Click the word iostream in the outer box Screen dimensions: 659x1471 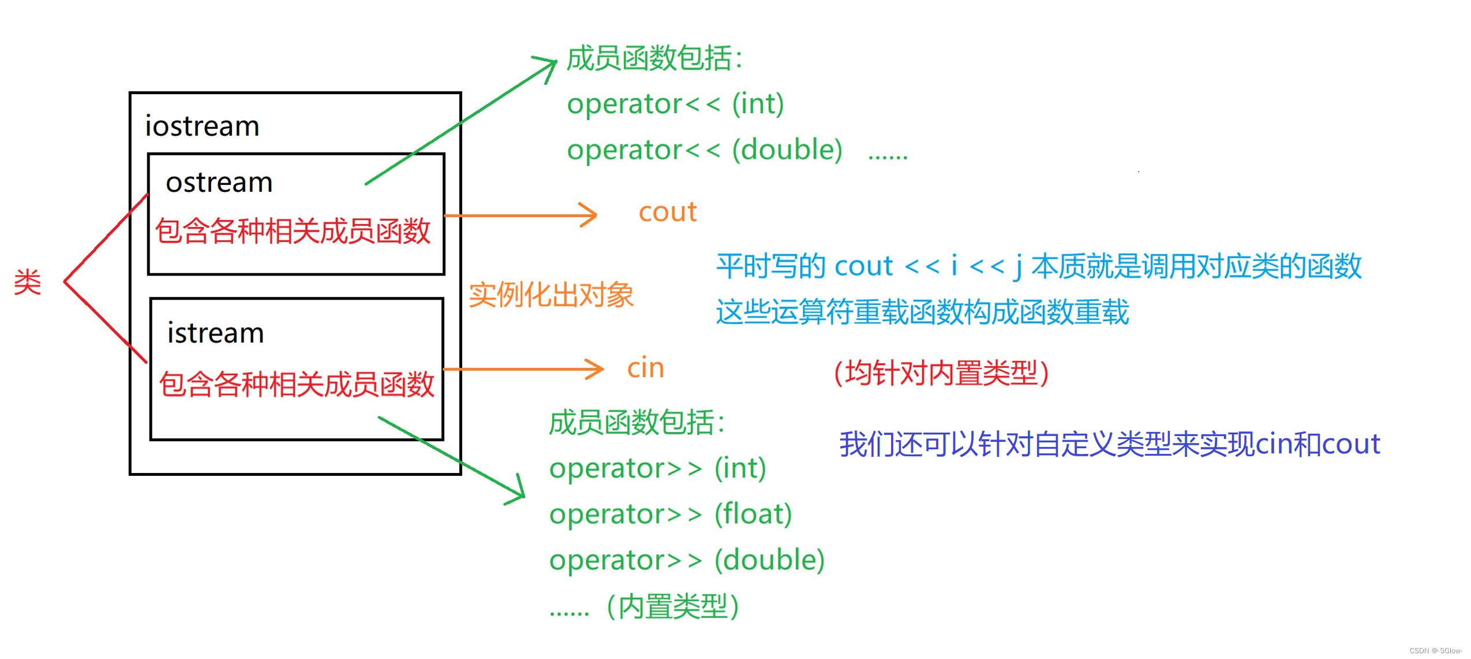202,126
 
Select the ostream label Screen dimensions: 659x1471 219,183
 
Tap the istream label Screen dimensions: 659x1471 215,333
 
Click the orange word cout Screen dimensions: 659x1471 667,212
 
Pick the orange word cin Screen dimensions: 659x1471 645,368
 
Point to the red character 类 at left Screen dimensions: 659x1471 28,282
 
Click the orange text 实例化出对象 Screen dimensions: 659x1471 551,295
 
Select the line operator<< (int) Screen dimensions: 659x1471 675,105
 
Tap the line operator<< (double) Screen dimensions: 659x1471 704,150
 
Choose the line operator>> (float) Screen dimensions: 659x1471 671,514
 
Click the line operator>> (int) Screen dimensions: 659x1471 657,468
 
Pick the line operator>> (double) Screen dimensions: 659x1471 687,560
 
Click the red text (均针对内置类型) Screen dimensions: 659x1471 941,373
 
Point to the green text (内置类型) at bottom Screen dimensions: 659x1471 673,606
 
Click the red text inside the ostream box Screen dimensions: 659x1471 293,231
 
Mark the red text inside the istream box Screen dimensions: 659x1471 297,385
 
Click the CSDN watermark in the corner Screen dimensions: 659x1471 1435,651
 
